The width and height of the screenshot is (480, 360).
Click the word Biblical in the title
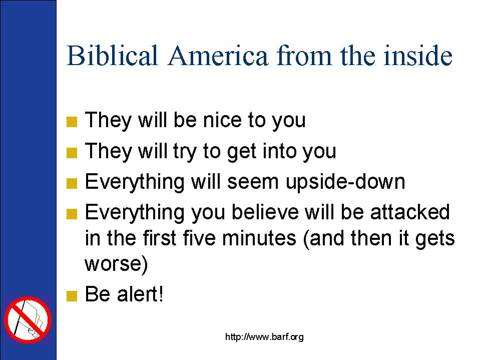[x=112, y=56]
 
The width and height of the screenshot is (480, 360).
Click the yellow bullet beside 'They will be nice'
[x=72, y=122]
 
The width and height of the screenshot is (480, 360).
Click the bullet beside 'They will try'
[x=72, y=153]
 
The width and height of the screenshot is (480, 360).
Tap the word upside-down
[x=345, y=182]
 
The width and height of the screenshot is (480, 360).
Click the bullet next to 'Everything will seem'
[x=72, y=184]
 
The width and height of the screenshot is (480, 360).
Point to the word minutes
[x=259, y=238]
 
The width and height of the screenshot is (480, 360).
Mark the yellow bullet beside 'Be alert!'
[x=72, y=296]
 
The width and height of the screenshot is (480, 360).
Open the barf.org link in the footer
[x=264, y=337]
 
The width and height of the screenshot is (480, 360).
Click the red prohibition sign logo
[x=28, y=320]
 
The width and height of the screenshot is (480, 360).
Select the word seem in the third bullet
[x=253, y=182]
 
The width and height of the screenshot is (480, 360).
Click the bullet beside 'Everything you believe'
[x=72, y=214]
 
